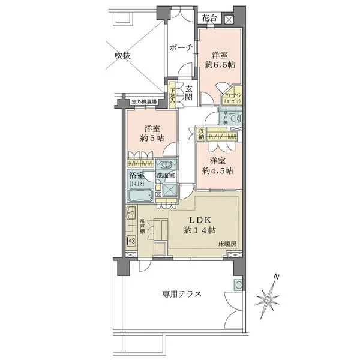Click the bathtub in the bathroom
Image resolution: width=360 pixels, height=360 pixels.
pyautogui.click(x=142, y=196)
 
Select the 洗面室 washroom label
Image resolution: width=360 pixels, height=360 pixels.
pyautogui.click(x=166, y=176)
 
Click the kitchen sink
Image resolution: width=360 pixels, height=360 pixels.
pyautogui.click(x=131, y=212)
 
